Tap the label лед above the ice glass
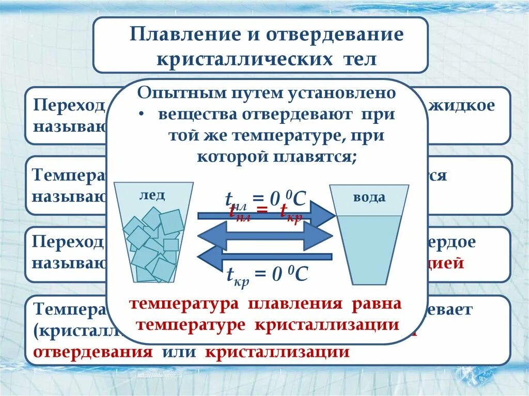coord(152,195)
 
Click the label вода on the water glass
coord(369,197)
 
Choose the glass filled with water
coord(369,243)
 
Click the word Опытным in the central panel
coord(171,93)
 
